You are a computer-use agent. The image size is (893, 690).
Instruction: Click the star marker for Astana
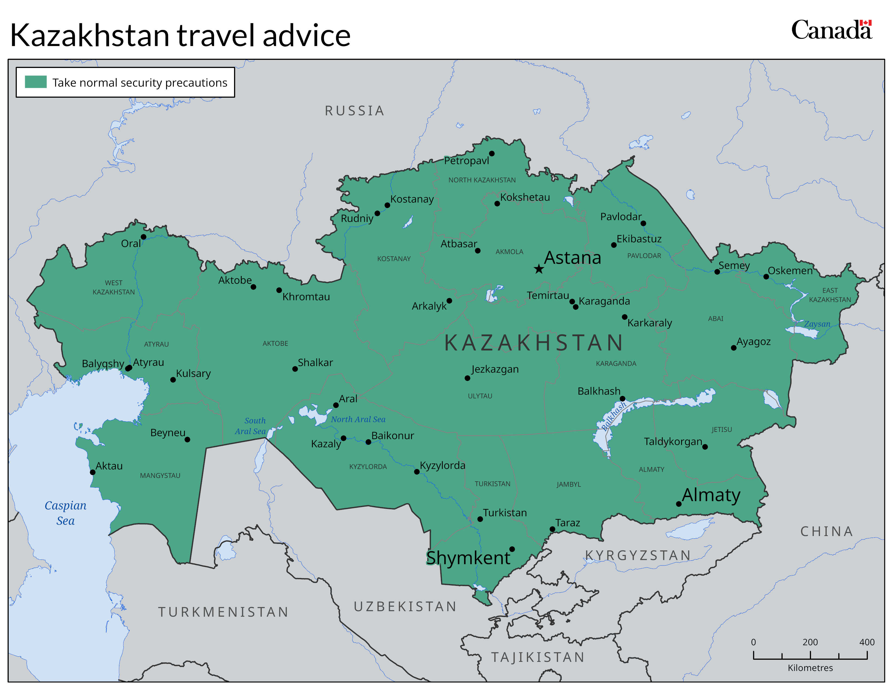click(539, 269)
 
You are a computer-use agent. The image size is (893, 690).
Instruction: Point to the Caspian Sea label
click(65, 513)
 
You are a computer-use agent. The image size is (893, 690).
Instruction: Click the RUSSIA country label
click(354, 111)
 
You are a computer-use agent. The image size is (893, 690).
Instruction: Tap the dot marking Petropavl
click(492, 154)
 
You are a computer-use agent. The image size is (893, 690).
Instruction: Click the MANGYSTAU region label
click(160, 475)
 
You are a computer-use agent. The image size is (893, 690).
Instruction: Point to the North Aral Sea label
click(358, 419)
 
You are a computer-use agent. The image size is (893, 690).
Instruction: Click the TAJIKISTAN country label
click(538, 657)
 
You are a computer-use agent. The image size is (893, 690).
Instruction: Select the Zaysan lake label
click(817, 324)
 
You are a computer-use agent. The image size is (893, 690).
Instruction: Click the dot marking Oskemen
click(766, 277)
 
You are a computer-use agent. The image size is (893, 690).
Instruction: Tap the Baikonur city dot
click(368, 442)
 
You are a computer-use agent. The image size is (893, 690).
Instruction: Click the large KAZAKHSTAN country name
click(534, 343)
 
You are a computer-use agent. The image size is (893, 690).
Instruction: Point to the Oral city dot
click(143, 237)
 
